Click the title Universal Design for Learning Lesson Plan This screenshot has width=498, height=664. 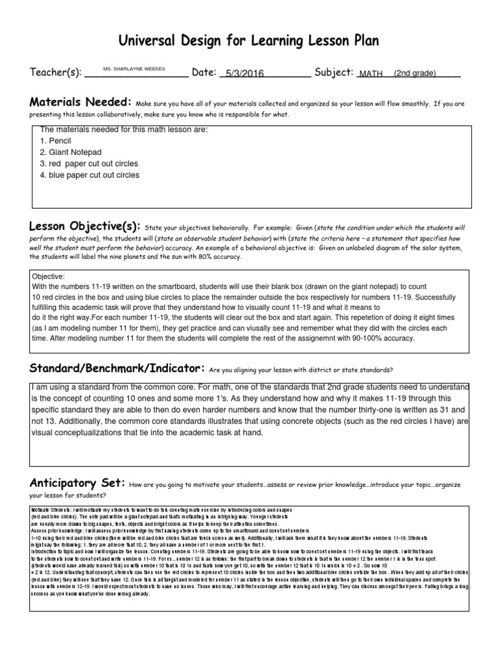(x=248, y=41)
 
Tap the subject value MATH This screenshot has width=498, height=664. (x=371, y=74)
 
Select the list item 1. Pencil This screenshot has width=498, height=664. (x=56, y=141)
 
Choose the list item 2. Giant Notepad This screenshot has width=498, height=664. (x=71, y=152)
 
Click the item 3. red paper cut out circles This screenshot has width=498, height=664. (x=89, y=164)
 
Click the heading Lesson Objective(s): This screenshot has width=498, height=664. (x=85, y=226)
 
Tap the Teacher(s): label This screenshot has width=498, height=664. (x=56, y=73)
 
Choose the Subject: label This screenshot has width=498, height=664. (x=333, y=73)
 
